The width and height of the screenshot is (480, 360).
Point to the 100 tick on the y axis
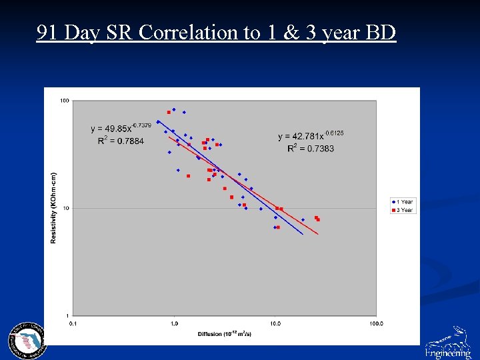click(x=65, y=101)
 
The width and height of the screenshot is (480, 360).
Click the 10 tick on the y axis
click(x=66, y=208)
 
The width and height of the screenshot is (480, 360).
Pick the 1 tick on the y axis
click(x=67, y=315)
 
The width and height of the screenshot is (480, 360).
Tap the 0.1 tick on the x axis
click(x=73, y=324)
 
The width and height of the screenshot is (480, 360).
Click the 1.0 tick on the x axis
click(x=174, y=324)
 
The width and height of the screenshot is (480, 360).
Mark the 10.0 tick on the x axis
click(x=275, y=324)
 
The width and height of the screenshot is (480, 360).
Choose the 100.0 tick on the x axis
click(x=375, y=324)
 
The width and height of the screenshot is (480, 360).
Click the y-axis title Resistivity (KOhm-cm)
click(x=53, y=208)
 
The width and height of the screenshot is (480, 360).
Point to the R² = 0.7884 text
click(x=120, y=141)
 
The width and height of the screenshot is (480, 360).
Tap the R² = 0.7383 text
click(x=311, y=148)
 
